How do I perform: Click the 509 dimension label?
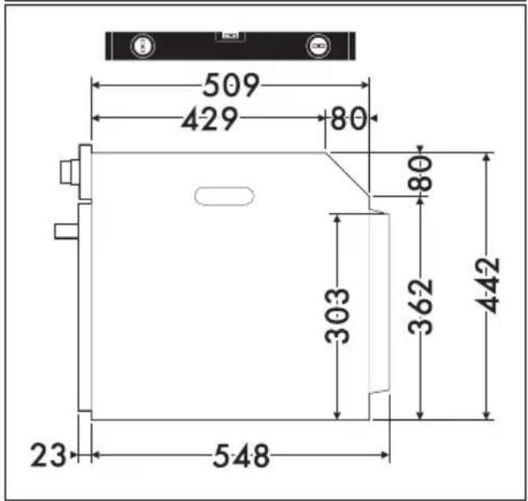(231, 84)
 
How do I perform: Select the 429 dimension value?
(210, 118)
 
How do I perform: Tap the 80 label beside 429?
(348, 118)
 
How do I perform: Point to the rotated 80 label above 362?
(420, 173)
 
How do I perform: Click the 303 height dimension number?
(337, 316)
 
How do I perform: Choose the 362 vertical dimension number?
(420, 306)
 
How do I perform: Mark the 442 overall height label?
(486, 286)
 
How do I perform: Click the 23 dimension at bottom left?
(48, 455)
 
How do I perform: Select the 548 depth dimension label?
(241, 456)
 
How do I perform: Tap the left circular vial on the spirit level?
(143, 45)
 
